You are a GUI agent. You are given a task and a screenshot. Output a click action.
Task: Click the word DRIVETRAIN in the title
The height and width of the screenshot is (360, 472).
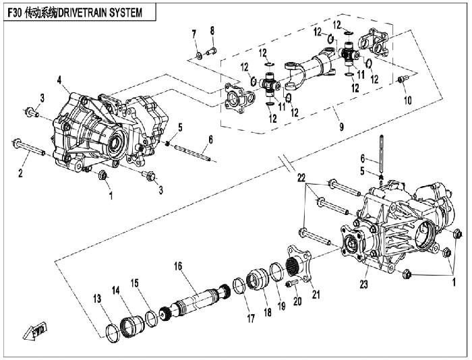tap(82, 13)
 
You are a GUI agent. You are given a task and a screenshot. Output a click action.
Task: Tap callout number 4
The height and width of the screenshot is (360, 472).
tap(59, 80)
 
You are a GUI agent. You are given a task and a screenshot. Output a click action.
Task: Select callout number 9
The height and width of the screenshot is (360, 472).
tap(341, 127)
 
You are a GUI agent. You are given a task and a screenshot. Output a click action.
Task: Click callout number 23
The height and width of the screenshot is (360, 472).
tap(364, 284)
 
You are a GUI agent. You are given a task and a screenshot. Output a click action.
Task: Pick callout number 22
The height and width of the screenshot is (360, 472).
tap(301, 178)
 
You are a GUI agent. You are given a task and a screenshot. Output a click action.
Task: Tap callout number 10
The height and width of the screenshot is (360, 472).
tap(407, 100)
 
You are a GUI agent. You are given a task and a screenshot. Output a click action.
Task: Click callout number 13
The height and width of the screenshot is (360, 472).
tap(97, 299)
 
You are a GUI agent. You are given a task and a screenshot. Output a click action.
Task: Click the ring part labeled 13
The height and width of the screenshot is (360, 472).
tap(113, 334)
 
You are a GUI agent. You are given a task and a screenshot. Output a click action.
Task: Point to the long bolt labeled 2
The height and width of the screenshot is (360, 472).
tap(29, 148)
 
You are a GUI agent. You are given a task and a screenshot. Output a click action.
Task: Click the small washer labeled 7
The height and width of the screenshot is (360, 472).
tap(199, 56)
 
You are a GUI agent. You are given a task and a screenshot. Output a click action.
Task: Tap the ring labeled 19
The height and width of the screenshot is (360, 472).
tap(276, 272)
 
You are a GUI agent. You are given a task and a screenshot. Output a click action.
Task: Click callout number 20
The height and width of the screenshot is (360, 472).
tap(297, 301)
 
